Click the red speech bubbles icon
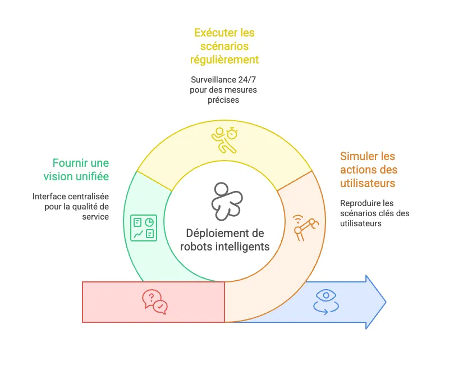(x=154, y=302)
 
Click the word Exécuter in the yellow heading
(x=214, y=33)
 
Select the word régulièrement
(x=224, y=60)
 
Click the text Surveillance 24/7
(x=224, y=80)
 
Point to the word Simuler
(x=360, y=156)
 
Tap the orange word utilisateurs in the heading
(x=368, y=183)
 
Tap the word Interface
(x=49, y=197)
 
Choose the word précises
(x=224, y=100)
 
